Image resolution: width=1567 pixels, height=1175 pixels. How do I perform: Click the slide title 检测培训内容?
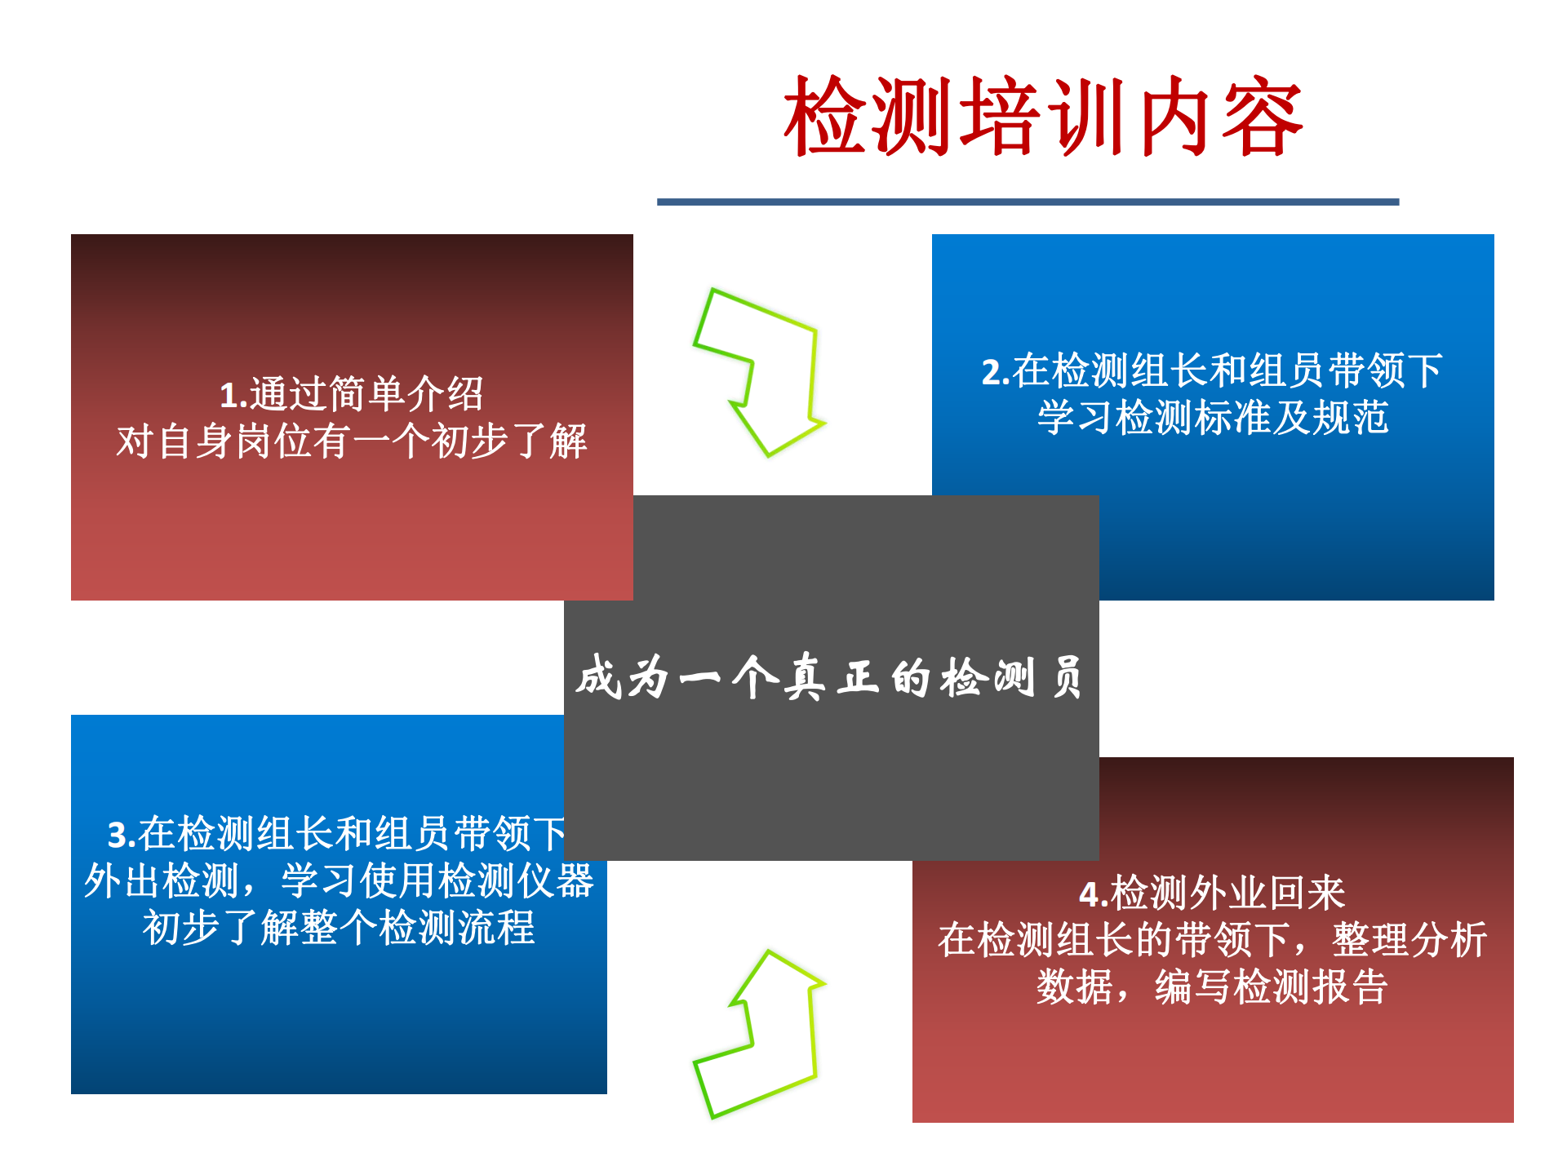(x=1043, y=116)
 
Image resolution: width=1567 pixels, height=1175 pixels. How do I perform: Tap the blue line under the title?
(x=1028, y=202)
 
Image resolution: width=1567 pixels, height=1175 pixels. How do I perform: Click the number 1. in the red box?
(x=233, y=396)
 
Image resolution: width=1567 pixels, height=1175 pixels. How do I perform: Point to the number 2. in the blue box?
(x=997, y=372)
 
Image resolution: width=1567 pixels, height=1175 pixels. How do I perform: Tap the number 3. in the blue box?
(x=122, y=835)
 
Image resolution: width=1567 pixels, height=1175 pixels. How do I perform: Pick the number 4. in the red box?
(x=1094, y=894)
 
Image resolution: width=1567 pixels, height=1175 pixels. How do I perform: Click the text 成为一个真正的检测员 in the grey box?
(x=830, y=676)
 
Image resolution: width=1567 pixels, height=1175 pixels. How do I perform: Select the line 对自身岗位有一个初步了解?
(x=352, y=441)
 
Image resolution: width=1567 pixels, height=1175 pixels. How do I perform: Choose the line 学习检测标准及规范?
(x=1213, y=417)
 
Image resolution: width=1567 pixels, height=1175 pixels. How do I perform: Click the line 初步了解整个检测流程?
(x=339, y=928)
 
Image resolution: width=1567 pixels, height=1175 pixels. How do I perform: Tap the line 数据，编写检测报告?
(x=1212, y=986)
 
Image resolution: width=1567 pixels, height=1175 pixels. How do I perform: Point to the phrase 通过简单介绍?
(x=366, y=395)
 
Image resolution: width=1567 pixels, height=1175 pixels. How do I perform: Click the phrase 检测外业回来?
(x=1227, y=893)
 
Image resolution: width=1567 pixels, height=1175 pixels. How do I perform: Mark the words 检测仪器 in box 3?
(x=516, y=881)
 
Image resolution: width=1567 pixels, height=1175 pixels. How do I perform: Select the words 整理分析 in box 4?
(x=1409, y=939)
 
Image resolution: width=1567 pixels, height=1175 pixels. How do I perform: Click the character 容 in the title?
(x=1262, y=116)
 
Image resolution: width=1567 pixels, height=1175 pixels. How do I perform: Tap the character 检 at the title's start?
(x=825, y=116)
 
